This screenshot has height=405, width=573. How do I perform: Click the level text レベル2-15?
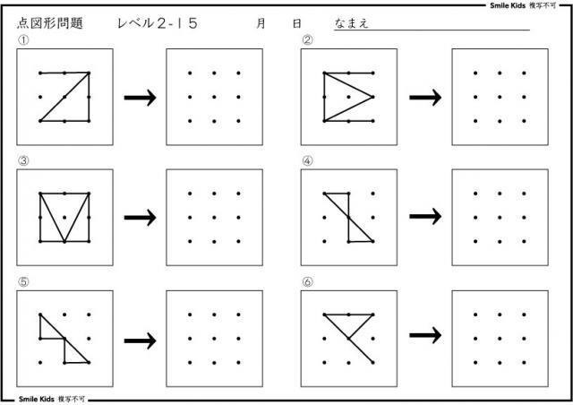[x=158, y=25]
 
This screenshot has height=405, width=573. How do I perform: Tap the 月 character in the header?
[x=261, y=25]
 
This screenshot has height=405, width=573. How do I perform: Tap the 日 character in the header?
[x=296, y=25]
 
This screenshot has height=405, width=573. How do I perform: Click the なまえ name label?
[x=352, y=25]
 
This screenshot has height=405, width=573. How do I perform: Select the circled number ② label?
[x=307, y=40]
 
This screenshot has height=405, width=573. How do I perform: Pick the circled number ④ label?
[x=307, y=161]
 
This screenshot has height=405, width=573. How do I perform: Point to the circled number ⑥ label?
[x=307, y=282]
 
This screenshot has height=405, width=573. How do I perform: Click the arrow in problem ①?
[x=140, y=97]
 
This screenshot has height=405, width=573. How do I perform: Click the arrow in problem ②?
[x=425, y=97]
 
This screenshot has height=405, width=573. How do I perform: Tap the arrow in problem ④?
[x=425, y=217]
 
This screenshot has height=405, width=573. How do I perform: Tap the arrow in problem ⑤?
[x=140, y=339]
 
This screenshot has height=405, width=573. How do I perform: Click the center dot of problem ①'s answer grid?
[x=215, y=96]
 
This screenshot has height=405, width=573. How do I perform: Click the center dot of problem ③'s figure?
[x=64, y=217]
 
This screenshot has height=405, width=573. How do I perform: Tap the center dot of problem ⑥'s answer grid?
[x=500, y=338]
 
